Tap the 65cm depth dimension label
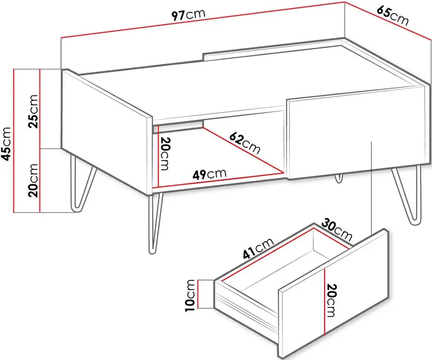click(392, 16)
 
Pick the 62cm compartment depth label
click(244, 143)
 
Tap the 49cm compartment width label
click(209, 174)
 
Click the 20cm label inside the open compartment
click(165, 153)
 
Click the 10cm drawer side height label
click(191, 295)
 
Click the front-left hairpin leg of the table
click(154, 223)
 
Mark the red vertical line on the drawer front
click(325, 302)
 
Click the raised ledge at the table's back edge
click(273, 49)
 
